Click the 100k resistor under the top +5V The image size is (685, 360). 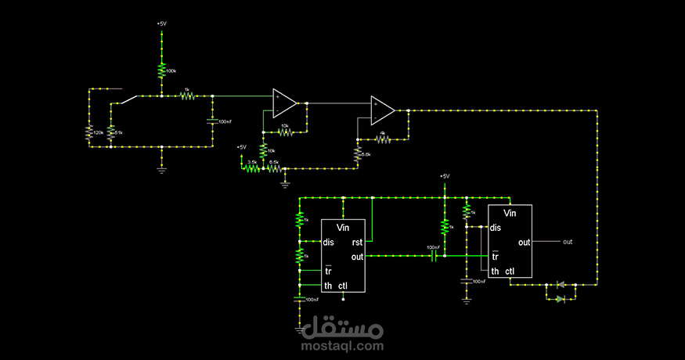(162, 71)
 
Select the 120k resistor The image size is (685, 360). (89, 133)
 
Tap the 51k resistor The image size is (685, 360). (110, 133)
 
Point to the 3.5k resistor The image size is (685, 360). (251, 167)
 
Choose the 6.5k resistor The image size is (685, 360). (273, 167)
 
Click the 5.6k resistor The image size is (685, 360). (358, 154)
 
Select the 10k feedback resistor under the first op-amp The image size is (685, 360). (284, 131)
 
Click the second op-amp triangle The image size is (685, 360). (383, 110)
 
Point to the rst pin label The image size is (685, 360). (357, 242)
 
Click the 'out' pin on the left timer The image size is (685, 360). (357, 257)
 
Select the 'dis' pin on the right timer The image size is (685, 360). (496, 228)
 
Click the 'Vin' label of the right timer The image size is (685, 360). (510, 213)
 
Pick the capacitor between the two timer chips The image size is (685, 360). (433, 255)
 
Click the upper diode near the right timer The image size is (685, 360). (561, 286)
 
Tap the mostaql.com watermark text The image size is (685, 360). (342, 345)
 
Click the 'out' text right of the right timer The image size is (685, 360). (568, 242)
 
